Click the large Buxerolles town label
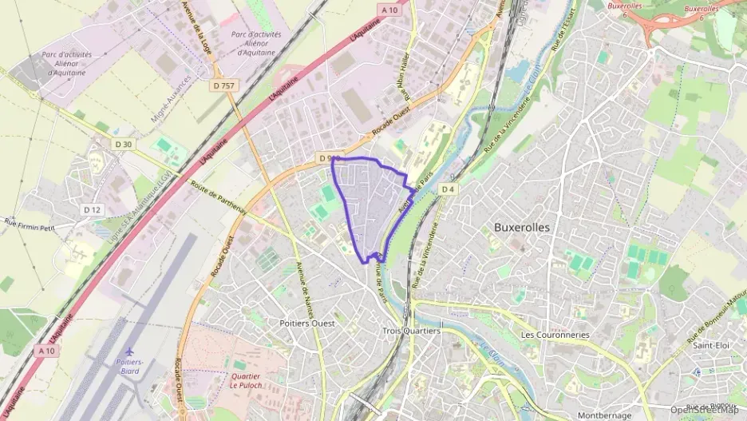[522, 227]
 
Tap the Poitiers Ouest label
[307, 324]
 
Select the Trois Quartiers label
[411, 331]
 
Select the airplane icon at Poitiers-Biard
[129, 351]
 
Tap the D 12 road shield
[93, 209]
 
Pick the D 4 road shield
[449, 189]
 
